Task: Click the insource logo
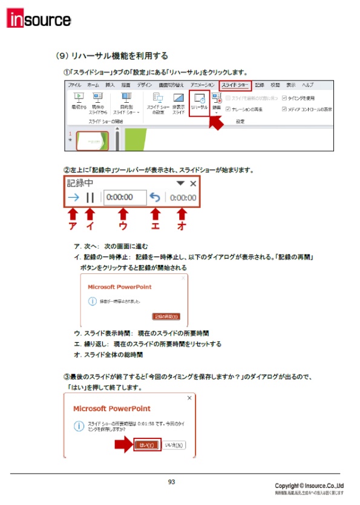point(39,19)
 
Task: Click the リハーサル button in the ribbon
point(199,101)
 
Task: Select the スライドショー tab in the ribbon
point(234,85)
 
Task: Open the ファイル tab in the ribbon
point(74,85)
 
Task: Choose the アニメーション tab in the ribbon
point(202,85)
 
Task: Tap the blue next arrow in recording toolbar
point(73,197)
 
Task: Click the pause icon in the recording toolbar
point(90,197)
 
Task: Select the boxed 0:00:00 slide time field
point(124,197)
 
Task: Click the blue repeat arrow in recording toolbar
point(155,197)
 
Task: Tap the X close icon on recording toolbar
point(193,183)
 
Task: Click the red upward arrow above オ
point(181,214)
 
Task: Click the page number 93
point(172,482)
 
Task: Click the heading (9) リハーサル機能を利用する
point(111,56)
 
